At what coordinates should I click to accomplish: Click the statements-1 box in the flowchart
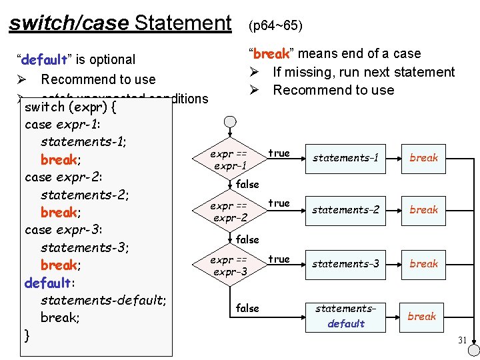pyautogui.click(x=345, y=158)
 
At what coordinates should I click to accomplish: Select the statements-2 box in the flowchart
pyautogui.click(x=345, y=210)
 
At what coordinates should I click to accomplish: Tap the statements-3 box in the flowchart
pyautogui.click(x=345, y=264)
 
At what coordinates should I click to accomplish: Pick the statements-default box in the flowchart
pyautogui.click(x=345, y=316)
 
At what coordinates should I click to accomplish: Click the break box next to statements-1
pyautogui.click(x=424, y=158)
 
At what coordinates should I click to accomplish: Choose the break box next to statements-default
pyautogui.click(x=422, y=316)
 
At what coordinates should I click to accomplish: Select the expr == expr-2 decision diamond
pyautogui.click(x=229, y=212)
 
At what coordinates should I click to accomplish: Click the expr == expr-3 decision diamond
pyautogui.click(x=229, y=265)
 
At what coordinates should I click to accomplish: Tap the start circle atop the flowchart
pyautogui.click(x=230, y=122)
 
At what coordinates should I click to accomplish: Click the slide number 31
pyautogui.click(x=462, y=340)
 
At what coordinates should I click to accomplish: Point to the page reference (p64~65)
pyautogui.click(x=275, y=26)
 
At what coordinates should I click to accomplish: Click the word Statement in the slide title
pyautogui.click(x=182, y=23)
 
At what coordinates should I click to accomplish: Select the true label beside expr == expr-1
pyautogui.click(x=279, y=153)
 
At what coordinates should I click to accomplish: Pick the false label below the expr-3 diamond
pyautogui.click(x=247, y=308)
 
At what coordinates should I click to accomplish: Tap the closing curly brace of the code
pyautogui.click(x=27, y=335)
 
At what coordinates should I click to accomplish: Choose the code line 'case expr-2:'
pyautogui.click(x=63, y=177)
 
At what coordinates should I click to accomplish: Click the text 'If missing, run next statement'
pyautogui.click(x=363, y=72)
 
